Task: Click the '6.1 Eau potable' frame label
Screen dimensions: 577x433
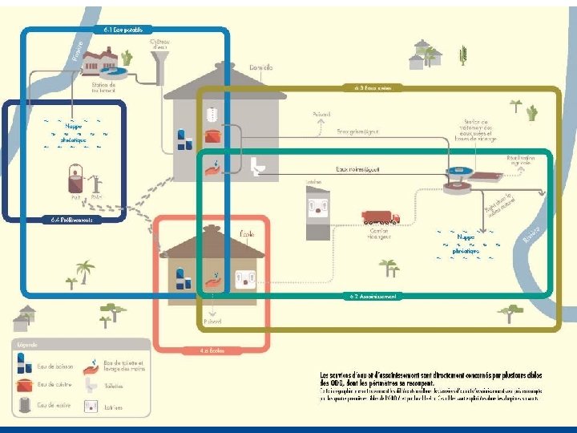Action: pos(123,30)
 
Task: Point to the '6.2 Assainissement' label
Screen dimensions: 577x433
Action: pos(373,296)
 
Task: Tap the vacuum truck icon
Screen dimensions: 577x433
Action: pos(380,217)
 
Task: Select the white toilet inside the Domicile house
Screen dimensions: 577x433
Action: pos(257,166)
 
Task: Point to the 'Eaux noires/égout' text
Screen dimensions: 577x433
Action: pos(358,170)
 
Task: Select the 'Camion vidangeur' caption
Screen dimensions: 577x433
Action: pos(381,235)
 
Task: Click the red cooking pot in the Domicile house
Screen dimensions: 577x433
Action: pos(212,136)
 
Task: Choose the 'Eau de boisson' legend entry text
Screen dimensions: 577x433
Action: pos(55,366)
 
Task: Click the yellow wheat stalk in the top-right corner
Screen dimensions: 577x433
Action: pos(462,55)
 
